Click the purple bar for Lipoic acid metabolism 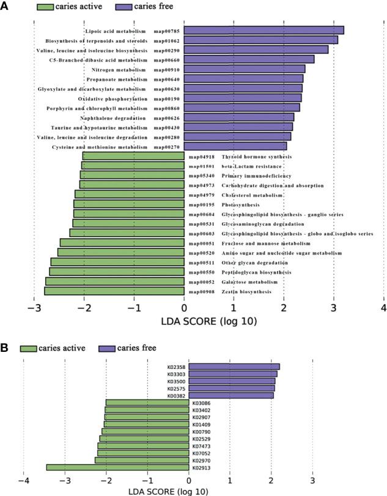264,31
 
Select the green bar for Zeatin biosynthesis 114,291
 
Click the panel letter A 6,5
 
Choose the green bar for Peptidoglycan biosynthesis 117,272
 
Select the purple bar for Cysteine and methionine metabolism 235,147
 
